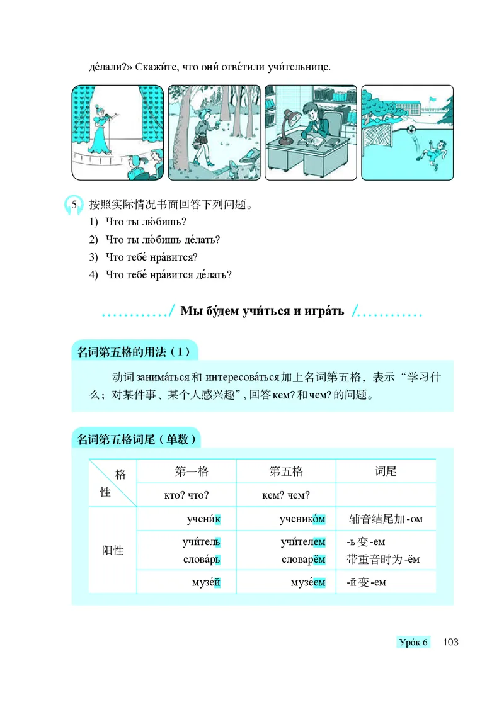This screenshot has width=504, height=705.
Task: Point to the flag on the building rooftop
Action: click(432, 99)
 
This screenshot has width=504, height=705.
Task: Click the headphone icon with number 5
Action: click(74, 205)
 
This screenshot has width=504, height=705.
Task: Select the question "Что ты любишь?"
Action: click(147, 222)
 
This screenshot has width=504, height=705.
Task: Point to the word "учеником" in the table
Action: click(302, 519)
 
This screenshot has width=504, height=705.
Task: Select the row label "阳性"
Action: click(113, 550)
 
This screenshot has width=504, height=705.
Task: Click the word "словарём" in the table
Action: click(303, 560)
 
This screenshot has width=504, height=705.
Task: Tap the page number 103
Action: click(450, 642)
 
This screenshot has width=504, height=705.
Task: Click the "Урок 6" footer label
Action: click(413, 642)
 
